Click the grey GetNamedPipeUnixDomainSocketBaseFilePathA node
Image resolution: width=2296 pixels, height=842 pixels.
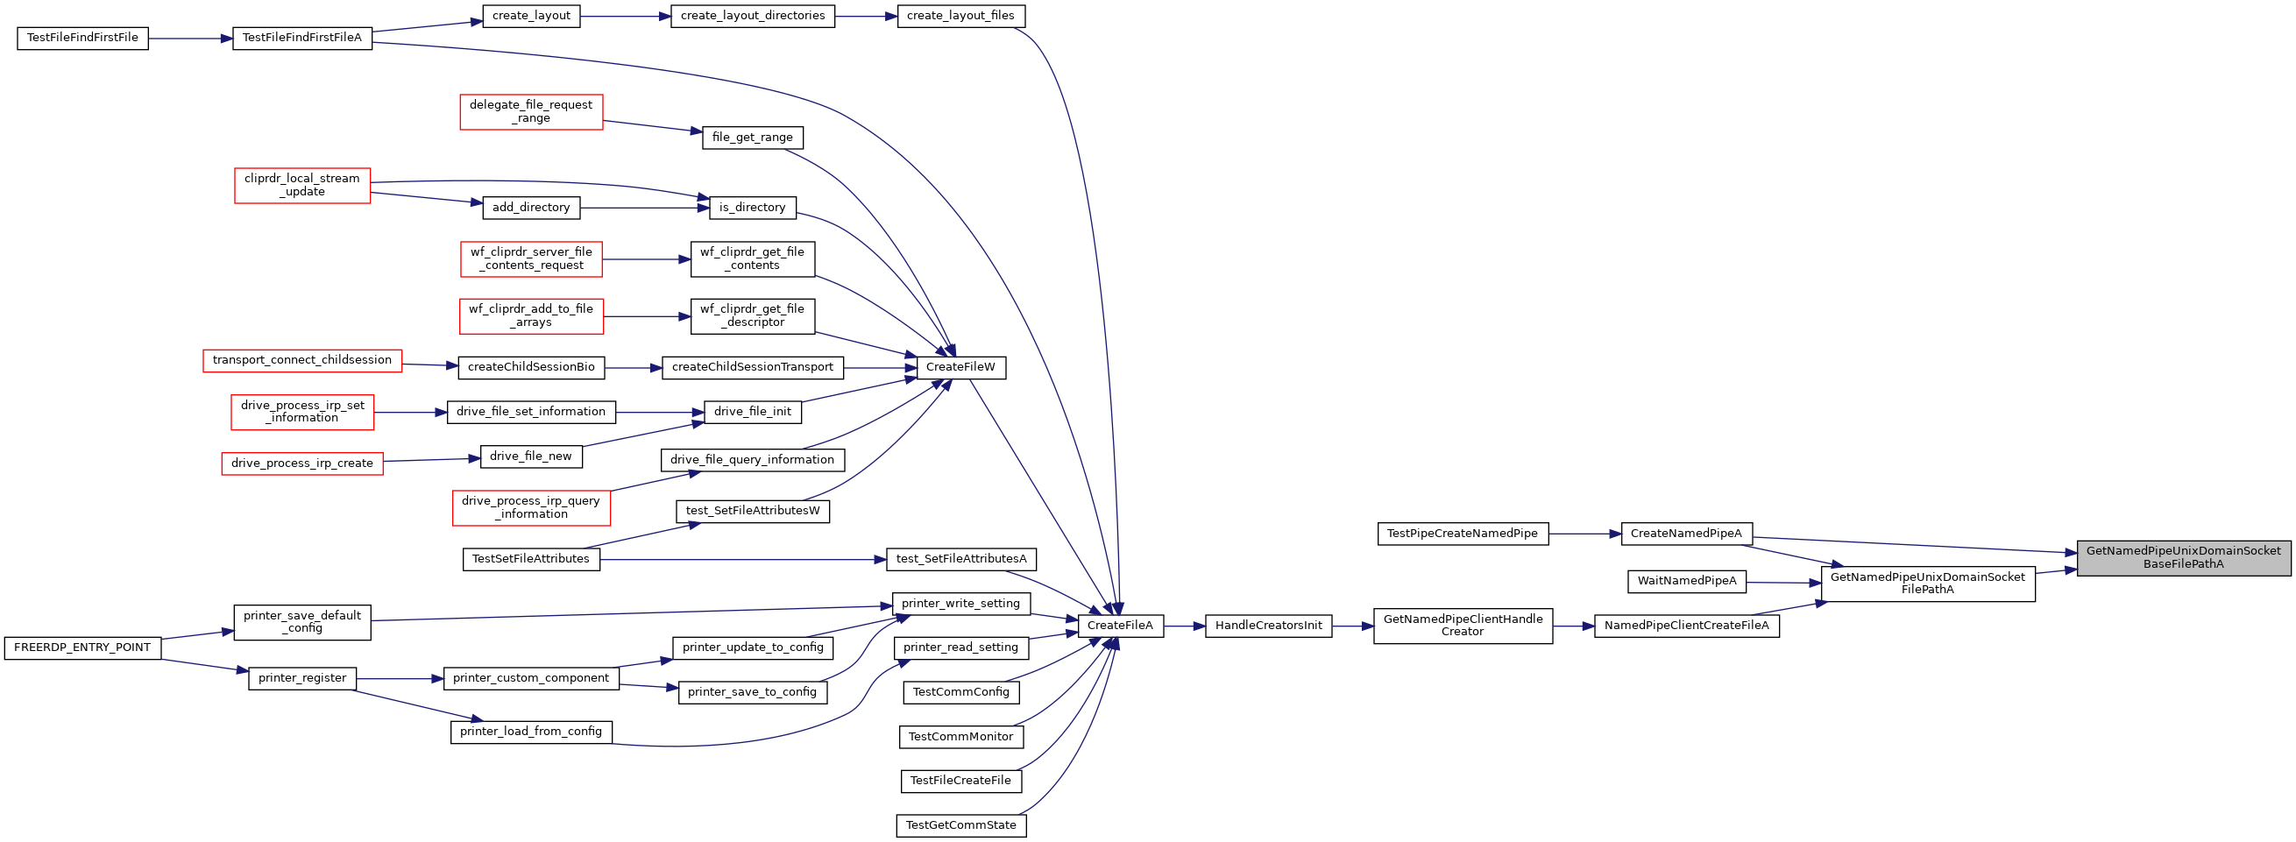(2183, 558)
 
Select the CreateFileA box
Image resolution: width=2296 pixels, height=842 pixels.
(1120, 626)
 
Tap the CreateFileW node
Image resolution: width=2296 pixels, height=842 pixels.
(960, 367)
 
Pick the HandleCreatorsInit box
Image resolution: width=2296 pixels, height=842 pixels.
(1268, 626)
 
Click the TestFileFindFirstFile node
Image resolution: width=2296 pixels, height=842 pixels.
(83, 39)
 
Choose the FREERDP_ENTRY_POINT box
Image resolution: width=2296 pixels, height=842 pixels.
(83, 647)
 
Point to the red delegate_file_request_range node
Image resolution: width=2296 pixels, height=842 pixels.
(531, 111)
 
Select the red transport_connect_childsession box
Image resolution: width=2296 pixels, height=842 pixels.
(302, 360)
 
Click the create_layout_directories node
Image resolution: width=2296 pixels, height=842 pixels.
(752, 16)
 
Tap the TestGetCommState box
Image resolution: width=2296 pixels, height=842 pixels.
(960, 825)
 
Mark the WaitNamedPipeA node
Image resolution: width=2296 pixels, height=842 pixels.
(1686, 581)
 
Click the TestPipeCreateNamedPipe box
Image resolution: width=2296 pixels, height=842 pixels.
(1463, 534)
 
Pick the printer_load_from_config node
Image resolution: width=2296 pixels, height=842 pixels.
(531, 732)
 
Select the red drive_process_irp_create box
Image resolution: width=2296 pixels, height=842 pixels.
(302, 463)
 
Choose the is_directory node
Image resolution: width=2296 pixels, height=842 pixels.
(752, 208)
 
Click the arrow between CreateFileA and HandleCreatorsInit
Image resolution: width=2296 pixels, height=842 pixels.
(1185, 626)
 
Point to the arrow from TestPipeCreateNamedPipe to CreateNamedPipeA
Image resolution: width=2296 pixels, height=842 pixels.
(1584, 534)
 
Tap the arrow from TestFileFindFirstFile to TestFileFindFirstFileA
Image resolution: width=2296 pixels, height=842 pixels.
(191, 39)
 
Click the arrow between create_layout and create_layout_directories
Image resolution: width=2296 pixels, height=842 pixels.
(626, 16)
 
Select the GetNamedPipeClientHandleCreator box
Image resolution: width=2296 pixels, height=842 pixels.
(1463, 626)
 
